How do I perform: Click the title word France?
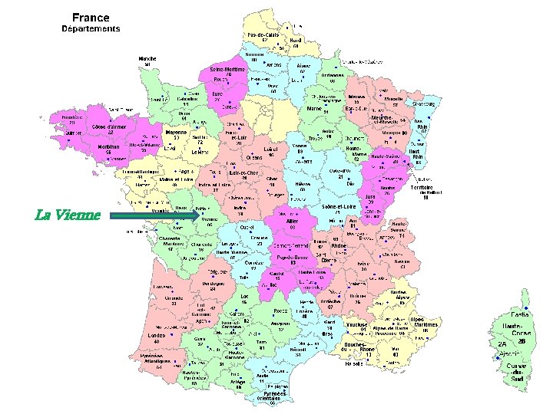[91, 17]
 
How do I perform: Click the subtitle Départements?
[91, 29]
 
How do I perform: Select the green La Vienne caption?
[68, 214]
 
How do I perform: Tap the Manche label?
[147, 58]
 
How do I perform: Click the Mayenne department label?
[179, 132]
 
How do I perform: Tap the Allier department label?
[292, 221]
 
